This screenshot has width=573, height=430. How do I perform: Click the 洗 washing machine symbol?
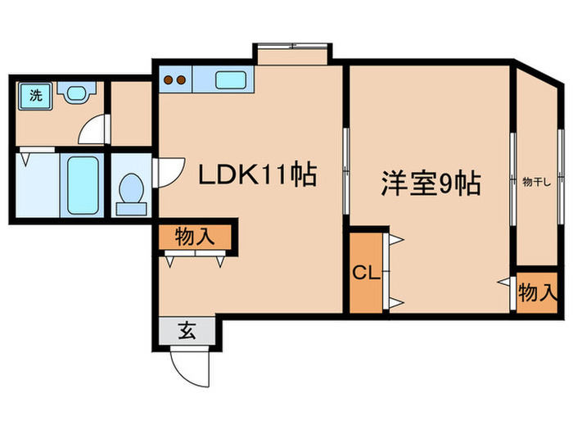coord(35,95)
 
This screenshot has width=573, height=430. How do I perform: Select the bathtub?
coord(84,185)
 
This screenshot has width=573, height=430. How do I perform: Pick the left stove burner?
coord(169,80)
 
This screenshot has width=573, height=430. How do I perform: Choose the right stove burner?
coord(182,80)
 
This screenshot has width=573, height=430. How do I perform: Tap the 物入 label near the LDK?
coord(195,238)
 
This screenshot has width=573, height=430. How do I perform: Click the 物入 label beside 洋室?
coord(538,291)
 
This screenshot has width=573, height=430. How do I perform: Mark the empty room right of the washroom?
coord(130,112)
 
